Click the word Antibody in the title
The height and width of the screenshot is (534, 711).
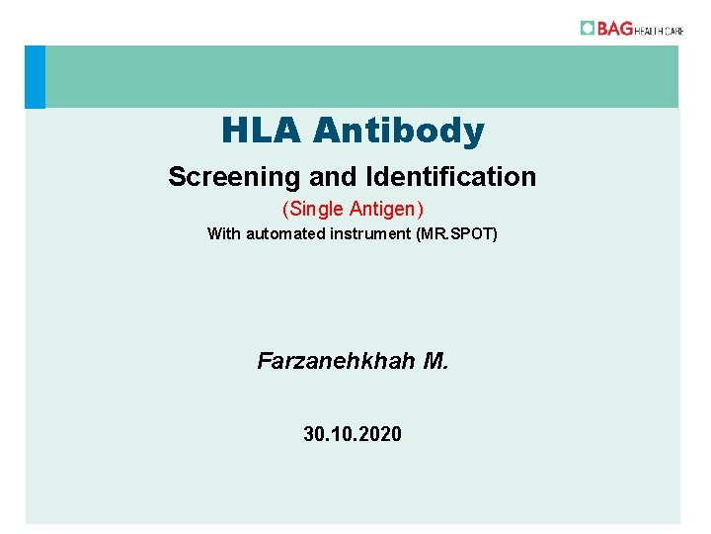399,130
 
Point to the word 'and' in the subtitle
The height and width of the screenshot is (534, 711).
331,177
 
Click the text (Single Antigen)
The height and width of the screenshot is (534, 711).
353,210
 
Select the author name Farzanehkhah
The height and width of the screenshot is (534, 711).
336,361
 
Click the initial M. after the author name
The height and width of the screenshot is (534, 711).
435,361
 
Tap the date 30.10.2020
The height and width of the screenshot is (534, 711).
353,433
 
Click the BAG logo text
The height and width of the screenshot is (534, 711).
614,29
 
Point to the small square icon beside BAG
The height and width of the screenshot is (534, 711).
588,28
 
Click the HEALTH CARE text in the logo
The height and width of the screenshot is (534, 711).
660,30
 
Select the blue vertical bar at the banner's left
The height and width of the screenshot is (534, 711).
35,76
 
